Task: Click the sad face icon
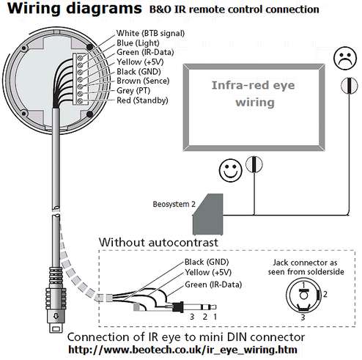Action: [345, 58]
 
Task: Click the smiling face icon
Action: [230, 170]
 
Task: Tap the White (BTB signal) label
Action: [150, 33]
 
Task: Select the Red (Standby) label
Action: [142, 100]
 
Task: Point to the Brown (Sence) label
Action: [143, 81]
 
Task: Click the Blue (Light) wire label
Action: [138, 43]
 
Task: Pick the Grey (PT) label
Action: [133, 90]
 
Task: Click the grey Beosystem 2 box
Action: [208, 214]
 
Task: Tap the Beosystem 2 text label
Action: [174, 204]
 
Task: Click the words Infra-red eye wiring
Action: [254, 94]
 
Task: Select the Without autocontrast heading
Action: [158, 242]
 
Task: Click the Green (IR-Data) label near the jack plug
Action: [213, 284]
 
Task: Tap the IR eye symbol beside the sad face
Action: [350, 86]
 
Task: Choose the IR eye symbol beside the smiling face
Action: [254, 164]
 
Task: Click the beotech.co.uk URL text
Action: [182, 350]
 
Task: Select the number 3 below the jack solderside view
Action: [303, 317]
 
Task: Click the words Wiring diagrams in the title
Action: [75, 9]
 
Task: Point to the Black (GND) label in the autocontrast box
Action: [207, 262]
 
